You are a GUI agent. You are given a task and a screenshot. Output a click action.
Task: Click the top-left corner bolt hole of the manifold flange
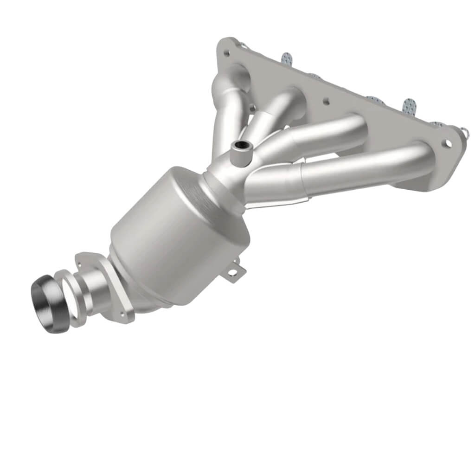click(x=226, y=53)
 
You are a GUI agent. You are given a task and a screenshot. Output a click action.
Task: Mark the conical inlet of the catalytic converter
click(x=216, y=186)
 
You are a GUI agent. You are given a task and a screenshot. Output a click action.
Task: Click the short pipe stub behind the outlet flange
click(x=93, y=290)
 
